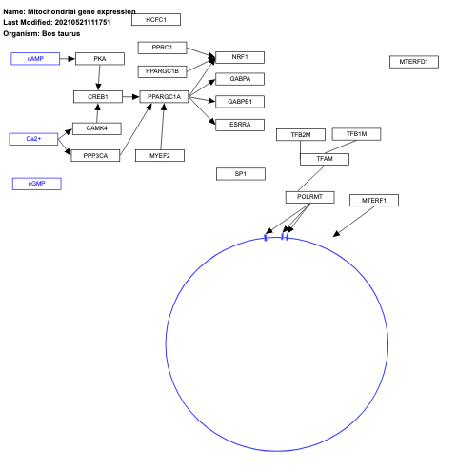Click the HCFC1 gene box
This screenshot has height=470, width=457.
(x=155, y=19)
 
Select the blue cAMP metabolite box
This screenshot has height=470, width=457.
(x=35, y=59)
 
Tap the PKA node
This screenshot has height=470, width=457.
(x=99, y=59)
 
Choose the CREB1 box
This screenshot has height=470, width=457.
(x=98, y=96)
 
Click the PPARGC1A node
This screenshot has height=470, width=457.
(x=164, y=96)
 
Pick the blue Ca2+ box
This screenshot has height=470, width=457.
(x=33, y=139)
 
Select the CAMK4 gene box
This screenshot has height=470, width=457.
(x=96, y=128)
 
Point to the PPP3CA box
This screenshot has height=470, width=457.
(x=95, y=155)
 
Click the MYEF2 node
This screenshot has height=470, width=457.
(x=159, y=155)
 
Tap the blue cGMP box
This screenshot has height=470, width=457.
(x=36, y=183)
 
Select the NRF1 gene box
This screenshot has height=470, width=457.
(x=240, y=57)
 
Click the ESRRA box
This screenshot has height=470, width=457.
(x=240, y=124)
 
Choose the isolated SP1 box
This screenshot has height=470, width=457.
(x=240, y=174)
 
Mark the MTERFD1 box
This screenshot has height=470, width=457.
(x=413, y=62)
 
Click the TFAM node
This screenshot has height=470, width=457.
(x=324, y=159)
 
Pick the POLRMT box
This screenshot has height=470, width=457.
(x=309, y=197)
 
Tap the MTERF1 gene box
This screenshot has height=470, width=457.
(x=373, y=200)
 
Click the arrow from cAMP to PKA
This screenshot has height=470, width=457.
(x=67, y=59)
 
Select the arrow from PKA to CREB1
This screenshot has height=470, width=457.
(x=99, y=77)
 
